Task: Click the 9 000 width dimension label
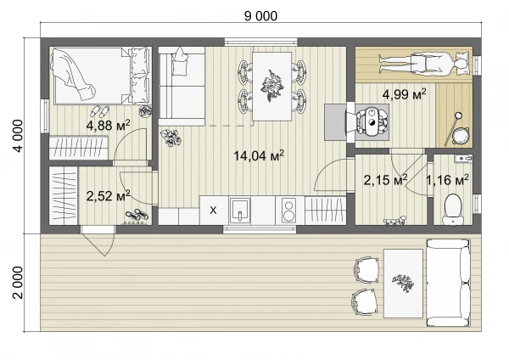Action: (260, 16)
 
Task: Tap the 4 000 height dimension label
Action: (19, 136)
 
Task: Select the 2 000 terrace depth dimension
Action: (19, 283)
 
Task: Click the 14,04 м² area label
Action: (259, 155)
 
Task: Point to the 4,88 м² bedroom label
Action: (108, 125)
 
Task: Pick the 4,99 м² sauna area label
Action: (404, 94)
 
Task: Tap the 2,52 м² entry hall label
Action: (108, 196)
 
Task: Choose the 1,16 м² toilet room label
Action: (447, 179)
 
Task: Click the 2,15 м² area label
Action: (385, 179)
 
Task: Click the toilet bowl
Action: (453, 209)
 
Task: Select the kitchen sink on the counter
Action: (240, 211)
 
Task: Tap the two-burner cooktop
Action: (288, 211)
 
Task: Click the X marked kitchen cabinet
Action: (213, 211)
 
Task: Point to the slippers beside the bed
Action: (99, 111)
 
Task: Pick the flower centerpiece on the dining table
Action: (271, 86)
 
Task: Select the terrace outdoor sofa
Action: (449, 283)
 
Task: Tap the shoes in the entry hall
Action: (137, 215)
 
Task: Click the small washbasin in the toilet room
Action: (463, 159)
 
